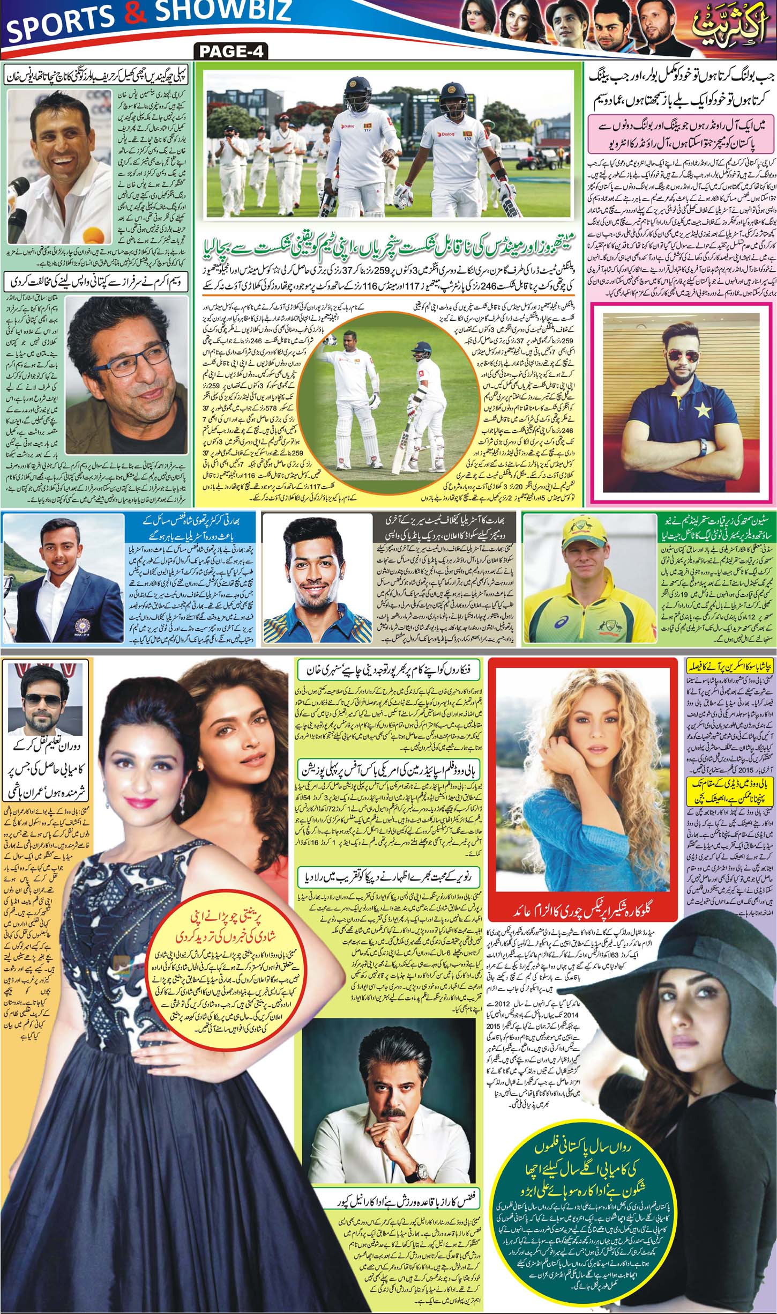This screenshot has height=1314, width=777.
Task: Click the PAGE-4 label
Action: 231,53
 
